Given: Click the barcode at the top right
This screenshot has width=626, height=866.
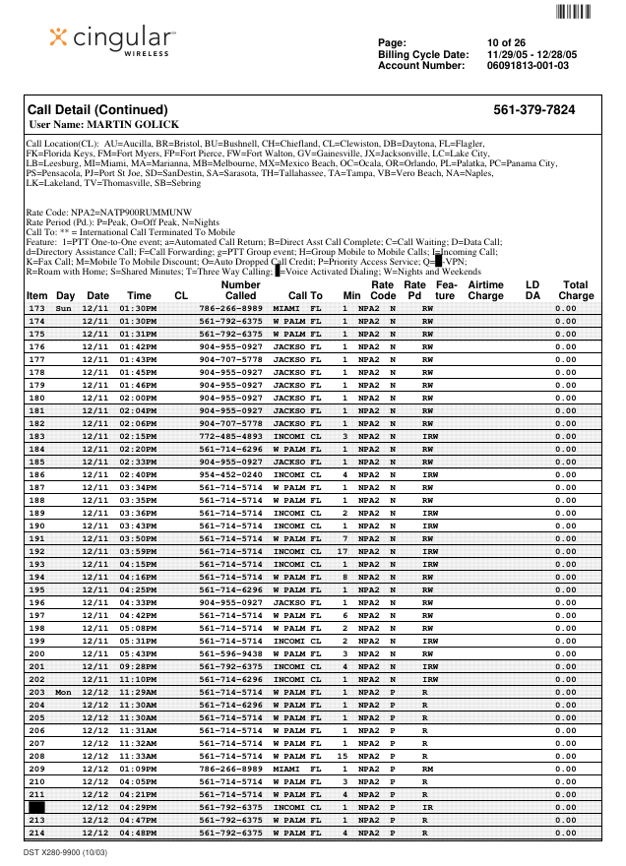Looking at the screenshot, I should click(573, 13).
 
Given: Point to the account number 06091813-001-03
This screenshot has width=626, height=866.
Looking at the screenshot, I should click(528, 65).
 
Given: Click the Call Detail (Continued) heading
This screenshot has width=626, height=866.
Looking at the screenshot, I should click(97, 110).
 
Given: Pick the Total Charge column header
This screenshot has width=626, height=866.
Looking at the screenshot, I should click(576, 289).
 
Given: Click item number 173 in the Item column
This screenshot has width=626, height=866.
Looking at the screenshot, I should click(37, 309).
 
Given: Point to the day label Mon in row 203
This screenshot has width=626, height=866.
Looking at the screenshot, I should click(64, 692).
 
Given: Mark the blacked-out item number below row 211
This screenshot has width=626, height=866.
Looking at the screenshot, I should click(37, 806).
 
